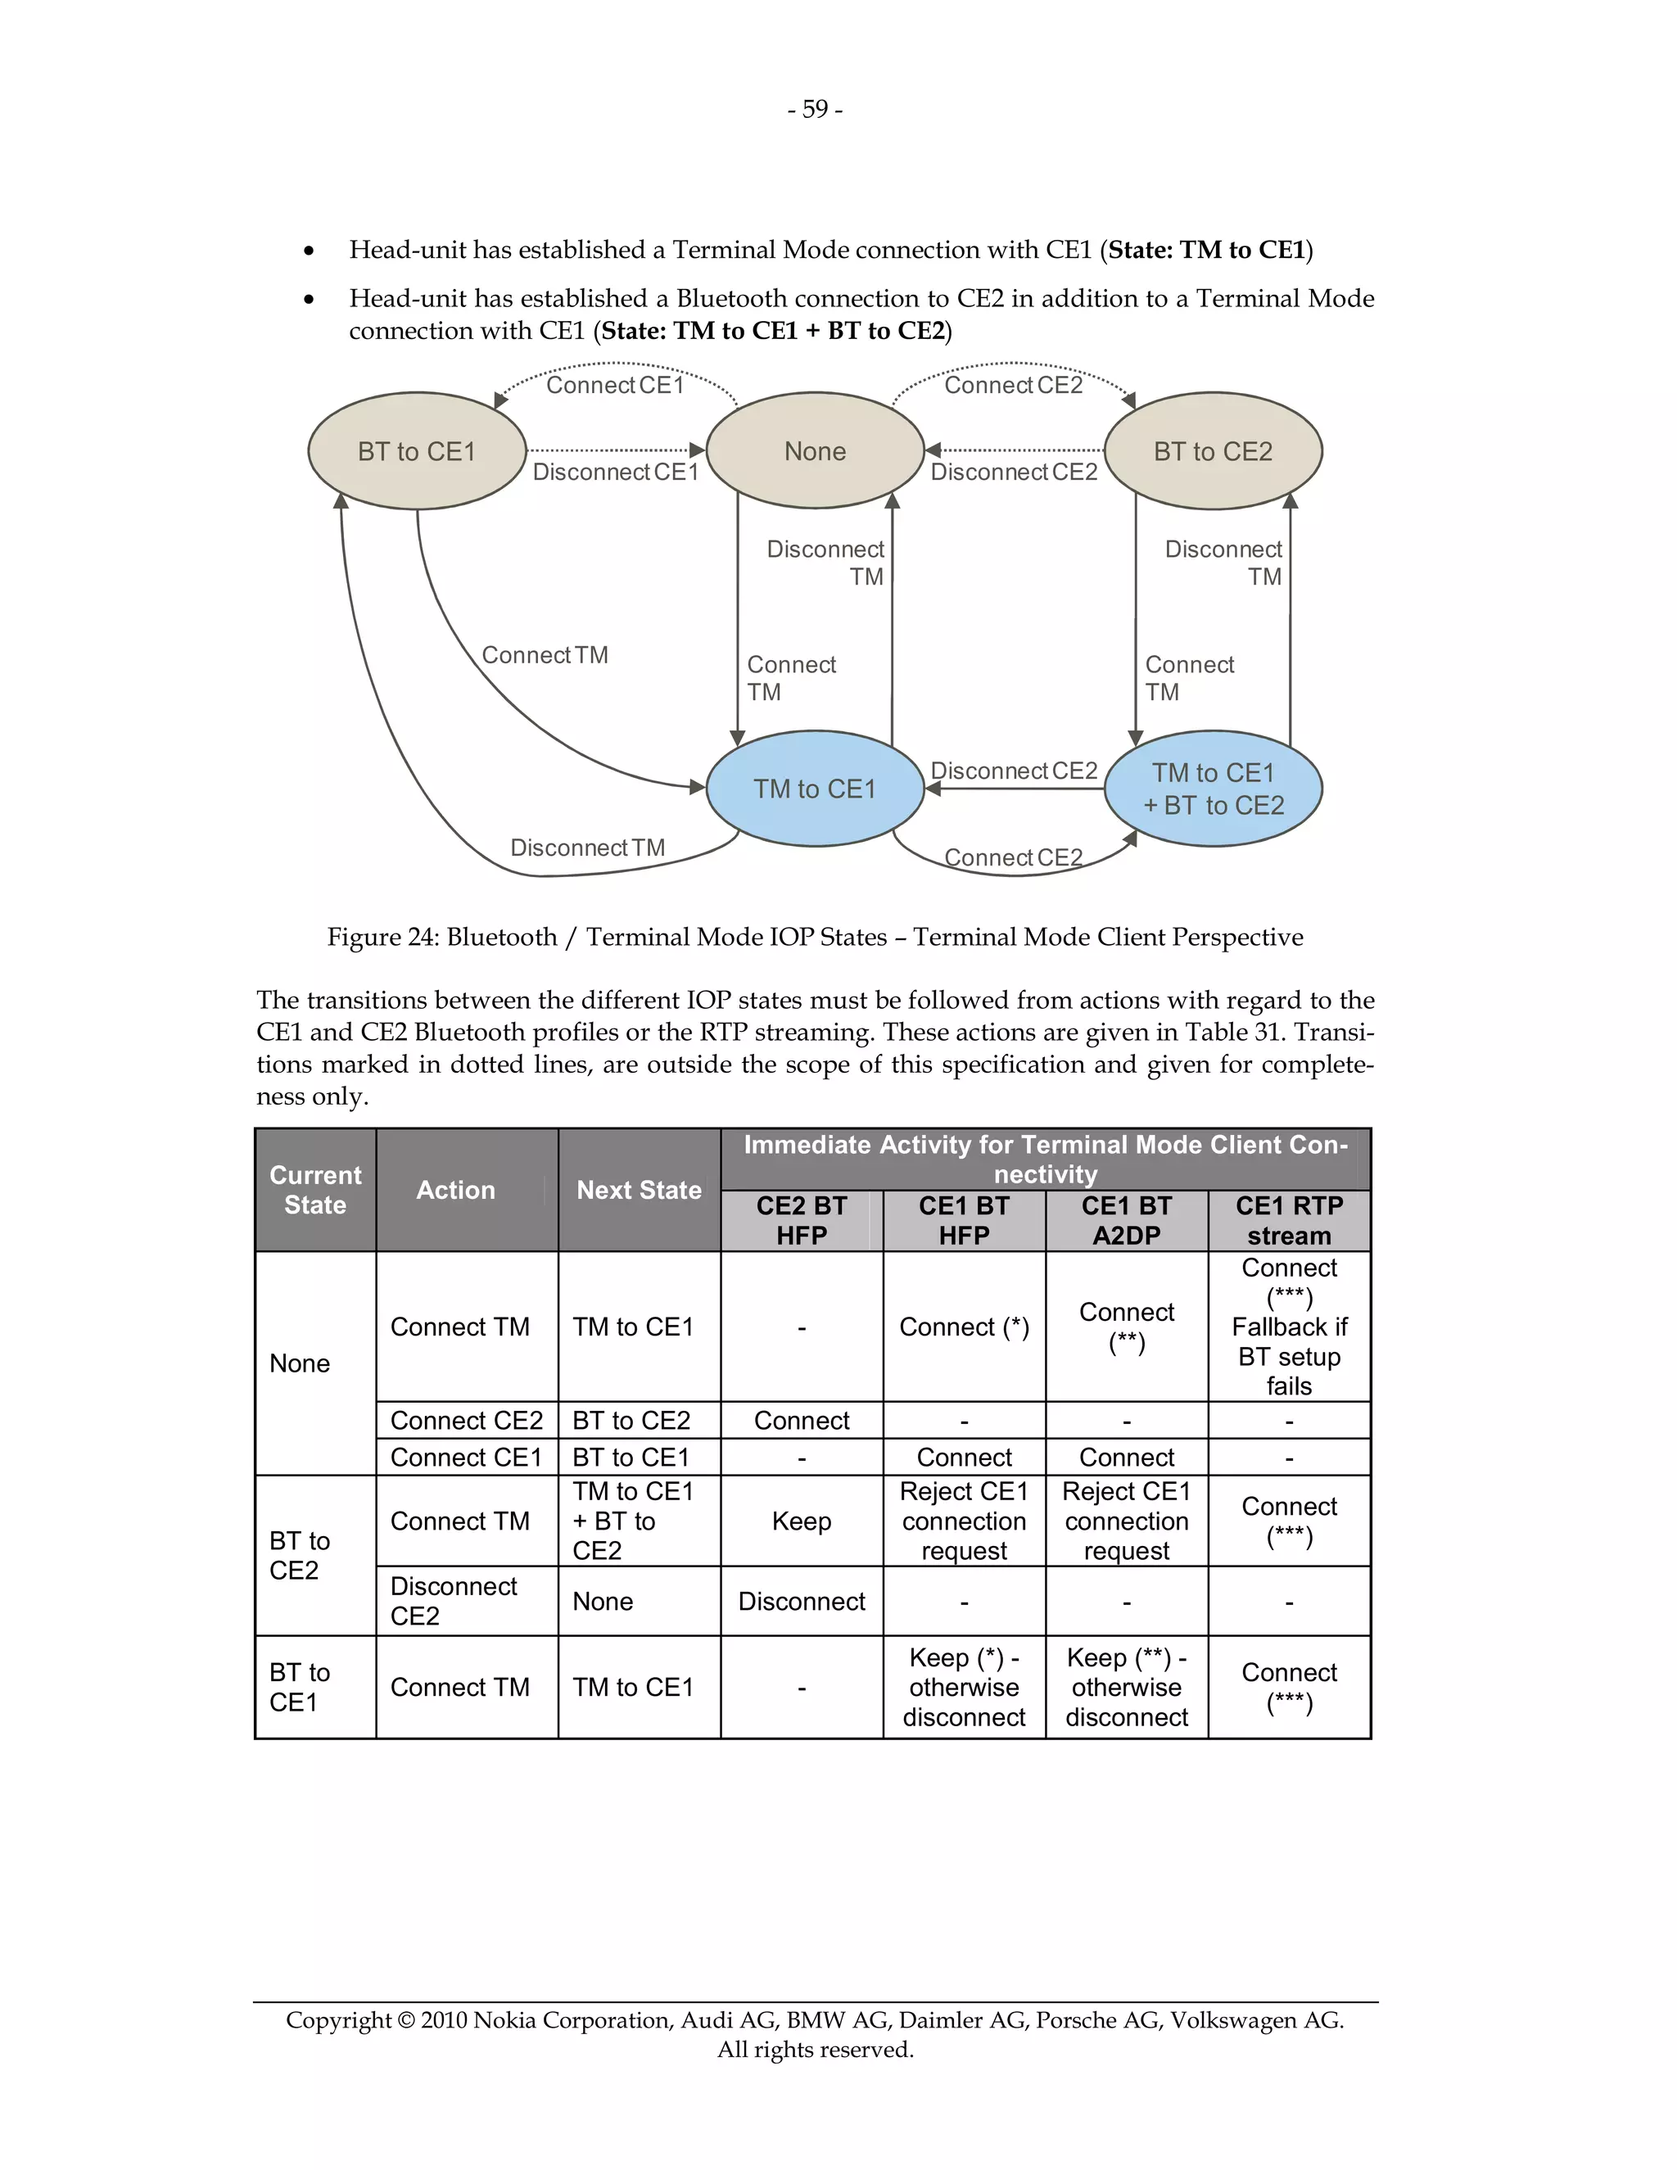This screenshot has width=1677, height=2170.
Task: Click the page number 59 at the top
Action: pos(815,109)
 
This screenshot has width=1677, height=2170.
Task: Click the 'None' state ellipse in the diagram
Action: pos(815,451)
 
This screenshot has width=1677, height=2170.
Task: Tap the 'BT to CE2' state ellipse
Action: pos(1213,451)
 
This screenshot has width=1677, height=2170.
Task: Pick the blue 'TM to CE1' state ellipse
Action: pos(815,789)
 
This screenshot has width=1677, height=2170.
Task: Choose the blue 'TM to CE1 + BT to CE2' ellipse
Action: pos(1213,789)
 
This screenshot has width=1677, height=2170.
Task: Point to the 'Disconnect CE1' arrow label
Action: pos(616,472)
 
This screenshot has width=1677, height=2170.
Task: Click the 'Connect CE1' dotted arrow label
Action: pos(615,386)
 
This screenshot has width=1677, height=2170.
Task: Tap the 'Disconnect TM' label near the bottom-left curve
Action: pos(587,848)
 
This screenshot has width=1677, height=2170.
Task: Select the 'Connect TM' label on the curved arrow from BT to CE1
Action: pos(545,656)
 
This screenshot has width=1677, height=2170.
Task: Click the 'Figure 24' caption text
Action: pos(815,937)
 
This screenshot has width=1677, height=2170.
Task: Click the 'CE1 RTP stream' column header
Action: pos(1289,1220)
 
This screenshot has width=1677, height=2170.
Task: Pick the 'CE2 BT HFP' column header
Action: pos(801,1220)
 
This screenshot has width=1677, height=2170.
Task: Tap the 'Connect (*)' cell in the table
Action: pos(964,1327)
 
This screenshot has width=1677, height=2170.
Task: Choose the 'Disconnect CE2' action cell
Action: pos(454,1601)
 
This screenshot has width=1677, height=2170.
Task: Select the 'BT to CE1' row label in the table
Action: pos(299,1686)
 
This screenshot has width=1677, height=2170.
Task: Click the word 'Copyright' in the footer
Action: pos(338,2020)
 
